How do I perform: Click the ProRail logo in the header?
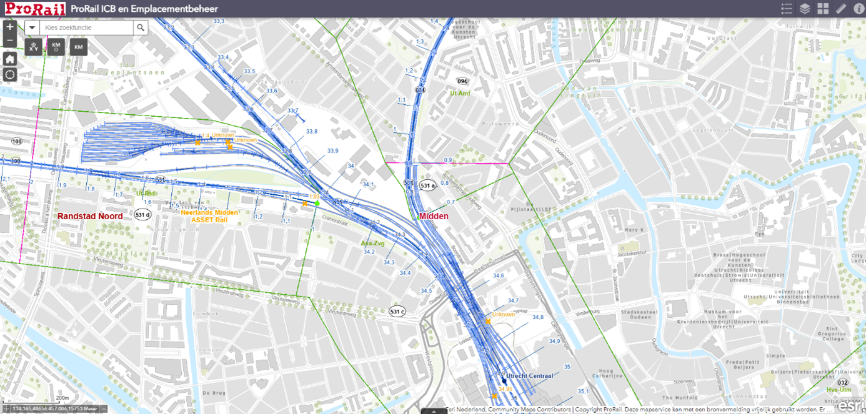coord(36,9)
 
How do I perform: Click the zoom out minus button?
coord(9,41)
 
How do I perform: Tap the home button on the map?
coord(9,59)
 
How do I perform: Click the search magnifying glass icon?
coord(141,27)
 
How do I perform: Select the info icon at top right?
coord(859,9)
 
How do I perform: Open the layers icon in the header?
coord(805,9)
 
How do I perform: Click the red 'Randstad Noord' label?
coord(90,216)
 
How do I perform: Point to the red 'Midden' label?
coord(434,216)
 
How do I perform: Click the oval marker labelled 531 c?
coord(397,311)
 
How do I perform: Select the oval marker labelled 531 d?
coord(142,214)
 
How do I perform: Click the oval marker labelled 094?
coord(462,81)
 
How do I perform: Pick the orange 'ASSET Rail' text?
coord(209,220)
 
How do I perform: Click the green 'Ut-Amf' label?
coord(460,93)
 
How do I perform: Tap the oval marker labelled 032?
coord(843,382)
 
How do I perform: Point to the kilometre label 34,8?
coord(537,317)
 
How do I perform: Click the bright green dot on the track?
coord(317,203)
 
